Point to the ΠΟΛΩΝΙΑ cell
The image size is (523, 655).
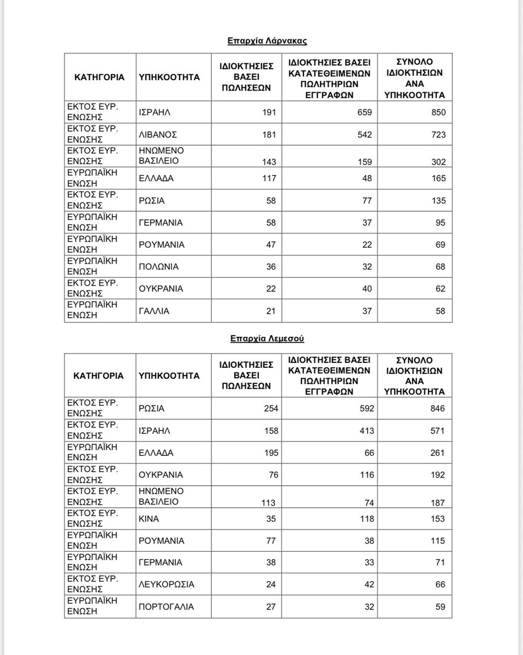(x=158, y=267)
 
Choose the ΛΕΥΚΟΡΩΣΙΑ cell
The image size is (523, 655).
(x=167, y=585)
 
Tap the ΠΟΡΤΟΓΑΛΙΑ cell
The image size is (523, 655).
(x=167, y=606)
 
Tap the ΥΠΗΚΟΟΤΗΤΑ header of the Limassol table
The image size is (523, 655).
(x=169, y=376)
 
